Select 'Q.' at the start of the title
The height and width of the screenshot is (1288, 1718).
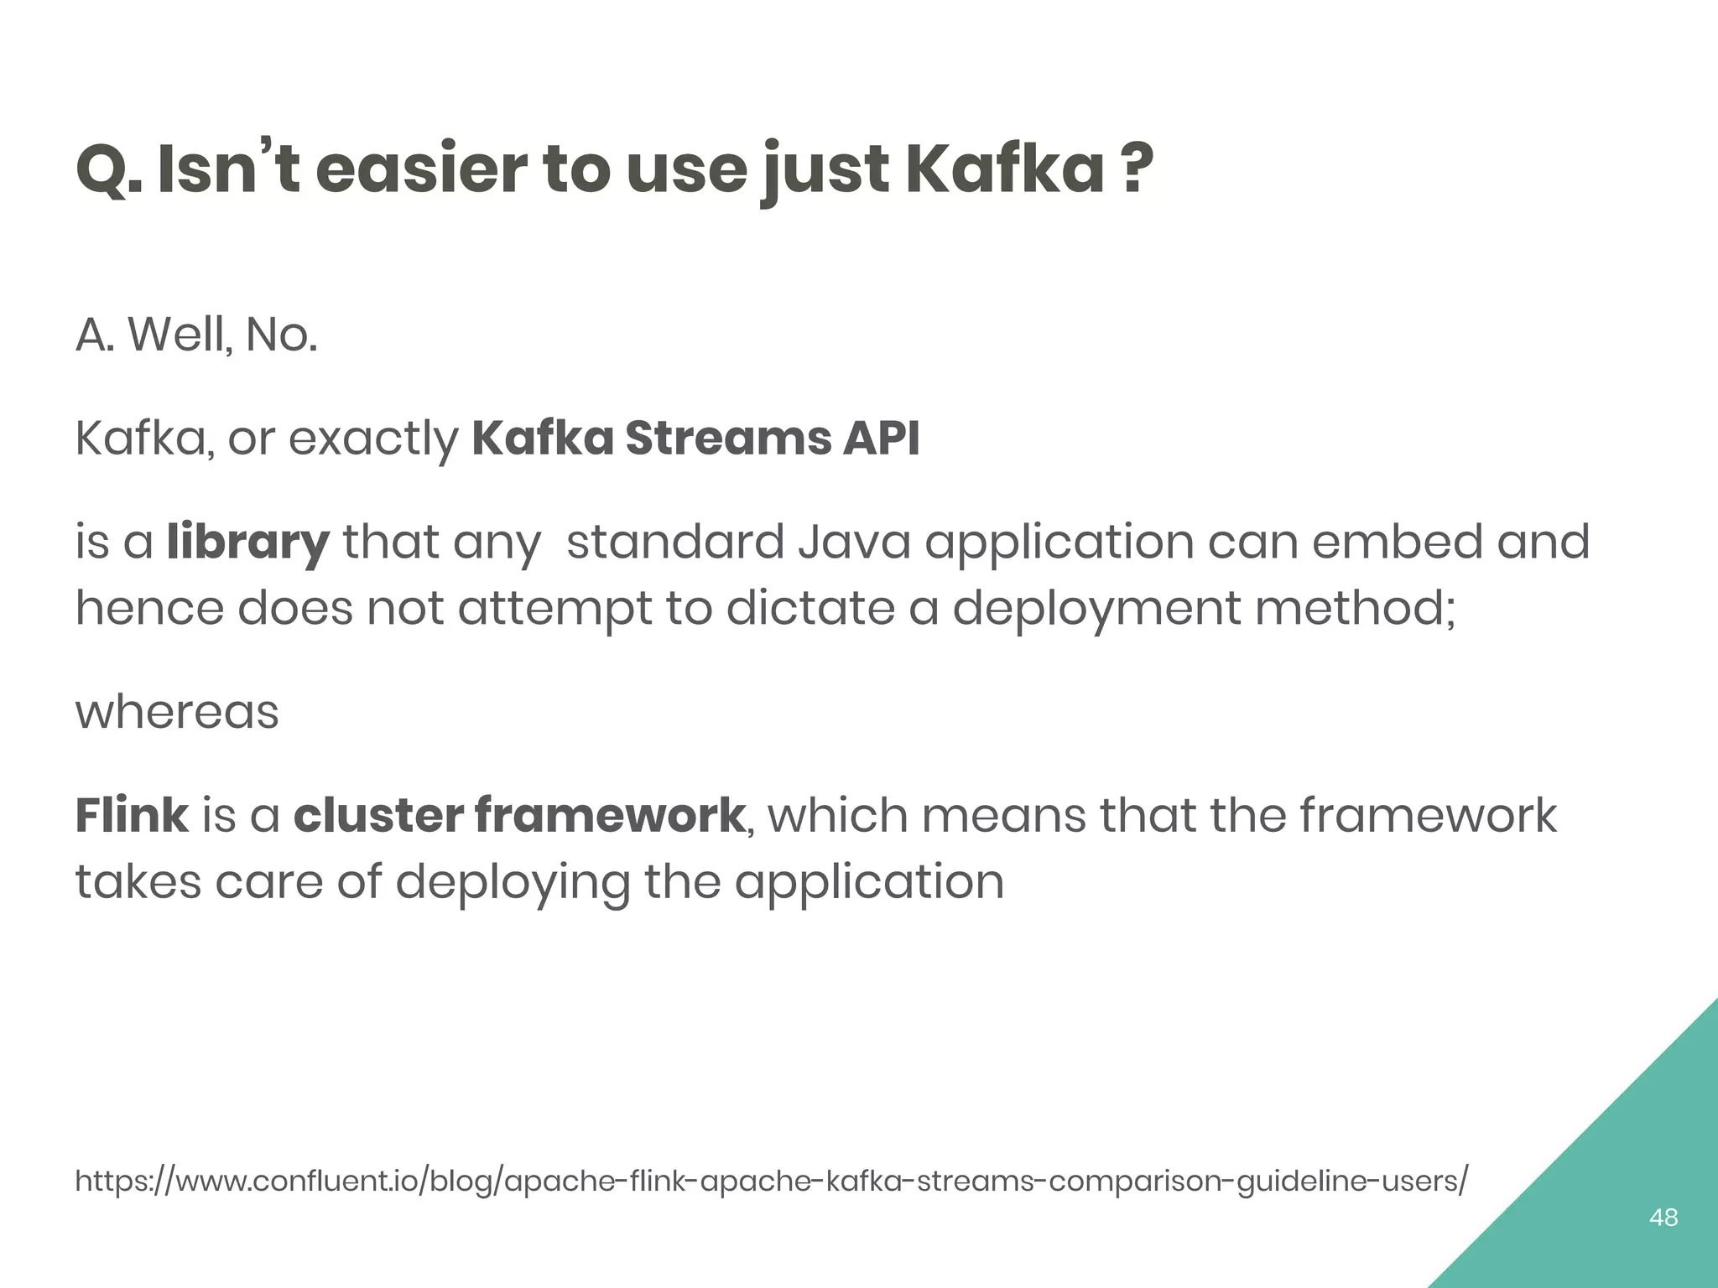coord(109,170)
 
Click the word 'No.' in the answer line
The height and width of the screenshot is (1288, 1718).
coord(281,335)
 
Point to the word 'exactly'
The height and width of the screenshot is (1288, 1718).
coord(373,439)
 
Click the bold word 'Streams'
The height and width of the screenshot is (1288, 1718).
coord(726,438)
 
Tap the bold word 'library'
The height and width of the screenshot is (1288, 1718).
coord(247,543)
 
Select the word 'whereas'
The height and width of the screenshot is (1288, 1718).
coord(177,713)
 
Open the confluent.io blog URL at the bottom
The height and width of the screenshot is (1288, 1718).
coord(772,1181)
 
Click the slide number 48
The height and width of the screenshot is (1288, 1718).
coord(1663,1217)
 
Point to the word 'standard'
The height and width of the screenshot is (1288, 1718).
coord(675,542)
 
